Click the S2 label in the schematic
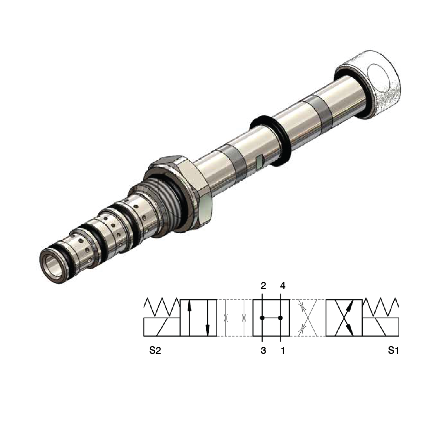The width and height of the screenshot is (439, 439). click(155, 351)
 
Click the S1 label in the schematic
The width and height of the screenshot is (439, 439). click(393, 351)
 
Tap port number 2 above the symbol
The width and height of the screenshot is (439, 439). click(263, 286)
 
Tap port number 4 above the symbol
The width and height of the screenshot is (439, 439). click(282, 286)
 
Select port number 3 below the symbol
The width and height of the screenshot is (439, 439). click(263, 351)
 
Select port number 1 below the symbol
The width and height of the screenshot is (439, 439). click(282, 351)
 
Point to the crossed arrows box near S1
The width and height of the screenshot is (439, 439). click(344, 318)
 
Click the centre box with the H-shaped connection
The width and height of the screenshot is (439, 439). click(271, 318)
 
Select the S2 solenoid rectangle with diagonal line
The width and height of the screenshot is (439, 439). click(162, 327)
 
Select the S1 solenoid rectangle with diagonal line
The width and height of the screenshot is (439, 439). click(381, 327)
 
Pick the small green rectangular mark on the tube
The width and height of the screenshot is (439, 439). click(260, 160)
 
